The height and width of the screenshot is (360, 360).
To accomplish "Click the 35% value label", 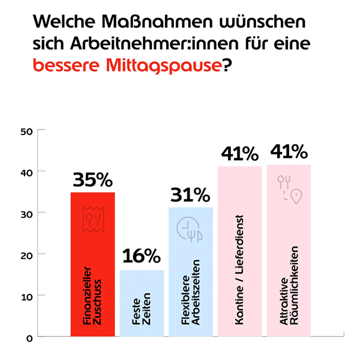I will coord(92,180).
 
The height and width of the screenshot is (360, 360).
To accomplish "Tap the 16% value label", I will coord(142,257).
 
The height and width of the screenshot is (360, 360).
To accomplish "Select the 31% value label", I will coord(190,194).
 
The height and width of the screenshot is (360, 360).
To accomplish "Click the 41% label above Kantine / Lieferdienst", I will coord(239,153).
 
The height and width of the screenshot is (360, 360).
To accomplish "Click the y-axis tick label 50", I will coord(25,130).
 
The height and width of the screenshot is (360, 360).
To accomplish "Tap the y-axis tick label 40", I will coord(25,172).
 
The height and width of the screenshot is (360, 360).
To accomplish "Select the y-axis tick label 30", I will coord(25,213).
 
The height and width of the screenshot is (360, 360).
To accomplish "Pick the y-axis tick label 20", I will coord(25,254).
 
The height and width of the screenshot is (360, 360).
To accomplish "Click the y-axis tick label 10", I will coord(25,296).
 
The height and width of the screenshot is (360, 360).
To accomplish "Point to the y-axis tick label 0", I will coord(28,337).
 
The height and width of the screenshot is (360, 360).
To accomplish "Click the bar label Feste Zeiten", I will coord(142,312).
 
